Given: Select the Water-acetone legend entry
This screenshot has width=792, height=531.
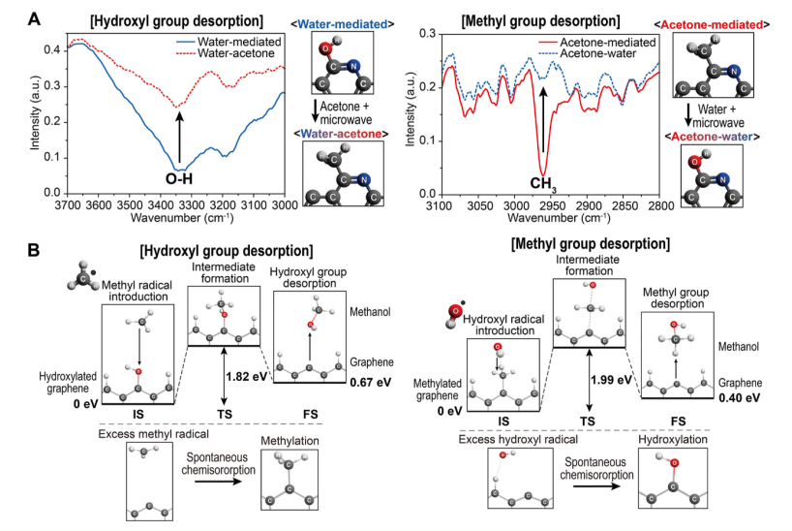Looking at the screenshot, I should pos(225,54).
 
